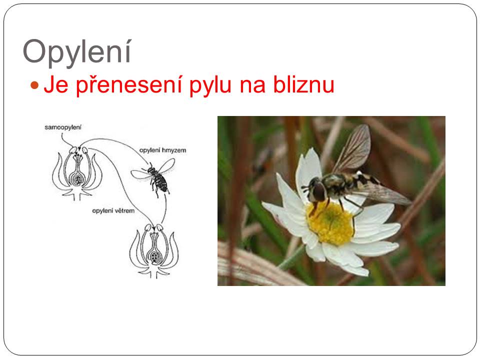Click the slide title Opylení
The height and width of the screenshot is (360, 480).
[x=77, y=52]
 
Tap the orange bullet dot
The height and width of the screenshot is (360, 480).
[x=34, y=85]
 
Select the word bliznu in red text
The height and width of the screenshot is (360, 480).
[x=303, y=84]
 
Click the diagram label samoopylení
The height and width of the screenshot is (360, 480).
[x=63, y=127]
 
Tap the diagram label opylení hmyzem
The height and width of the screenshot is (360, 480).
[x=162, y=150]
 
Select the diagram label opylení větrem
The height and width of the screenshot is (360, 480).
[x=113, y=210]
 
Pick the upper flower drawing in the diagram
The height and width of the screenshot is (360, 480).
[x=77, y=173]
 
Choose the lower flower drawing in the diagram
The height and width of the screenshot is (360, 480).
[x=154, y=250]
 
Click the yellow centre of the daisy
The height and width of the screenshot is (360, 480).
[x=330, y=223]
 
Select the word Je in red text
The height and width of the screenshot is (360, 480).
[x=55, y=84]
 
